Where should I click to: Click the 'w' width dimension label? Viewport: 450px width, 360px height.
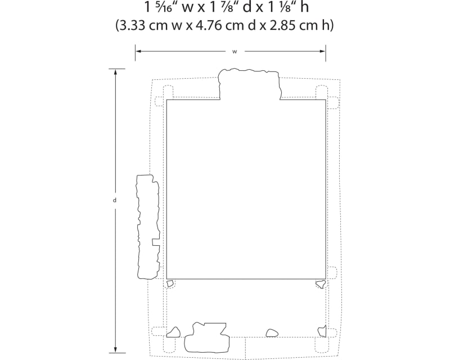pos(235,52)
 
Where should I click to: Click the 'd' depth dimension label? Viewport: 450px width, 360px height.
pos(115,200)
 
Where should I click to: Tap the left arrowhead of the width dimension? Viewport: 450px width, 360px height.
pos(138,51)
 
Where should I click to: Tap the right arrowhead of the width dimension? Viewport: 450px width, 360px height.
pos(323,51)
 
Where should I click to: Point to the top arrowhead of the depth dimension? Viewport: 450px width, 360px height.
pos(115,72)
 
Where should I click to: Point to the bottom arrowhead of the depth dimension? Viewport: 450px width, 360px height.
pos(115,350)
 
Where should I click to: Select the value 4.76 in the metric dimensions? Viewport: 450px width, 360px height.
pos(209,25)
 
